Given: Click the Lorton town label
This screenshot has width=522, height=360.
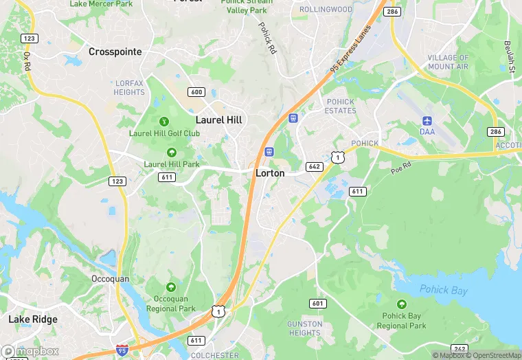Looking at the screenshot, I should pyautogui.click(x=270, y=173).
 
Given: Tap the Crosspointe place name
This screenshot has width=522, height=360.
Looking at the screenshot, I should pyautogui.click(x=115, y=52).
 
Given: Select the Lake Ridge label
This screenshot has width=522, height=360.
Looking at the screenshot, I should pyautogui.click(x=33, y=319).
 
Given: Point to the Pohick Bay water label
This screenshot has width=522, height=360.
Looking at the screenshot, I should pyautogui.click(x=444, y=291).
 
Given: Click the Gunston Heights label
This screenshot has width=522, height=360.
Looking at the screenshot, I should pyautogui.click(x=304, y=328).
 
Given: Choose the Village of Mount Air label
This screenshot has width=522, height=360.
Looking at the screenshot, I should pyautogui.click(x=448, y=63).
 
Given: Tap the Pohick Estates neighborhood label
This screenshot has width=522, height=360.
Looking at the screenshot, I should pyautogui.click(x=340, y=106).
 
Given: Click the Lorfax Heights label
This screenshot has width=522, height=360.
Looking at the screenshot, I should pyautogui.click(x=130, y=88).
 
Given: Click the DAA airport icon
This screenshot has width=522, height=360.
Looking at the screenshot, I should pyautogui.click(x=427, y=121).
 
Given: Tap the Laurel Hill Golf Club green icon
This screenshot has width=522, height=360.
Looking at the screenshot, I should pyautogui.click(x=163, y=122).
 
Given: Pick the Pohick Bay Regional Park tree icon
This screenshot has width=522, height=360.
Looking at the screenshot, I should pyautogui.click(x=402, y=304).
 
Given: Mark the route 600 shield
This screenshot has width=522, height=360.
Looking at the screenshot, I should pyautogui.click(x=196, y=92).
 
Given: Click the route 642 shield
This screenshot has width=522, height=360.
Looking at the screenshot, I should pyautogui.click(x=315, y=166).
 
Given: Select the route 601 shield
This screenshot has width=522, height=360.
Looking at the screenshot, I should pyautogui.click(x=317, y=304).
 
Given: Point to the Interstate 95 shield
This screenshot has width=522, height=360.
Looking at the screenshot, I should pyautogui.click(x=122, y=350).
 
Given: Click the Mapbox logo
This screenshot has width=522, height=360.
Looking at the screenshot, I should pyautogui.click(x=30, y=351).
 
